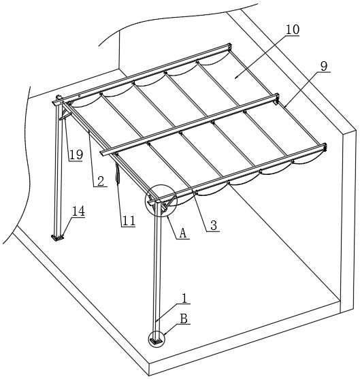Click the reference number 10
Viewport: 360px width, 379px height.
coord(293,29)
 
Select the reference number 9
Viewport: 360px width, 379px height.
coord(324,66)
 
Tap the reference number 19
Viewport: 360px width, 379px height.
coord(76,154)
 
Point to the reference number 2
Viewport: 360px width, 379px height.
coord(100,181)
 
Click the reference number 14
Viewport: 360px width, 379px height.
coord(78,211)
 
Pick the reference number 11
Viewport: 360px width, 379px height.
coord(129,220)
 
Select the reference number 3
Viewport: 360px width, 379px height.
coord(214,225)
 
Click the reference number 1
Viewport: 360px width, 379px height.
coord(184,298)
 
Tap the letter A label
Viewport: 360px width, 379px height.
coord(183,233)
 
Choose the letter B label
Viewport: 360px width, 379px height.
coord(184,318)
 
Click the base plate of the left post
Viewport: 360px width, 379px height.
coord(57,237)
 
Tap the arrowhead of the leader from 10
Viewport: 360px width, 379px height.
coord(236,77)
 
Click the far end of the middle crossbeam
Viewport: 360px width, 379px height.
coord(276,97)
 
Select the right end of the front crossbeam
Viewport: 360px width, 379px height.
coord(324,147)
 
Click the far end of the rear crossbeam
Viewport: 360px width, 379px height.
coord(229,46)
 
